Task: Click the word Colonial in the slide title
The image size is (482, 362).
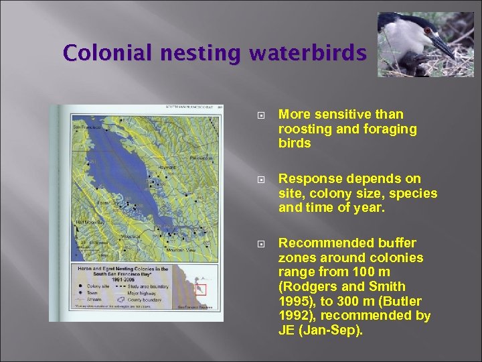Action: click(x=98, y=52)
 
